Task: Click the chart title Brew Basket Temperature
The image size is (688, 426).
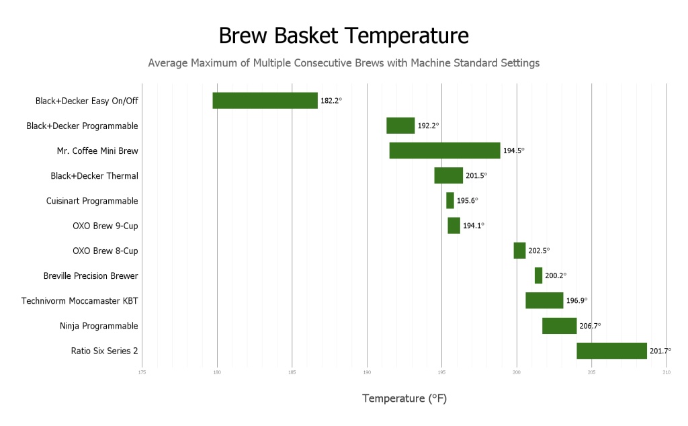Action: [x=343, y=35]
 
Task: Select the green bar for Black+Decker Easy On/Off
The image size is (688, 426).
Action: [x=265, y=100]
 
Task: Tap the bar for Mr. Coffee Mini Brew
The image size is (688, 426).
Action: [x=445, y=151]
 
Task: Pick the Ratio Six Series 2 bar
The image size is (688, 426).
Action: [x=611, y=351]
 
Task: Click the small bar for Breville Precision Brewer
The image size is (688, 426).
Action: [x=538, y=275]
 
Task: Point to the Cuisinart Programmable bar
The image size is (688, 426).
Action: [x=450, y=200]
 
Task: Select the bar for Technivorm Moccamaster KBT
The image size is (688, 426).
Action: [x=544, y=300]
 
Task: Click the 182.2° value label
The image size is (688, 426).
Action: [x=331, y=101]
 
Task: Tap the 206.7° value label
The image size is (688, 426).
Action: [x=590, y=326]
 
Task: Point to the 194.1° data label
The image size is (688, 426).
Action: [x=474, y=226]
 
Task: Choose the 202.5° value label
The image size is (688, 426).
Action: [x=539, y=251]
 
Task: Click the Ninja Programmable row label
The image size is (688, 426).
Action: [x=99, y=326]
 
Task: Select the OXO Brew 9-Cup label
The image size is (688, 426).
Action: [x=105, y=226]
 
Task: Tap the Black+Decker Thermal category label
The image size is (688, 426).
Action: [x=94, y=176]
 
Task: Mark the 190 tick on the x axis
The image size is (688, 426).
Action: [x=367, y=372]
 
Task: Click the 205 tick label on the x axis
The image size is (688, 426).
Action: [x=591, y=372]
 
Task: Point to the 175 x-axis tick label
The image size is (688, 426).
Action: [x=142, y=372]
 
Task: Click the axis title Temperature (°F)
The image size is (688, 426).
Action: [x=404, y=398]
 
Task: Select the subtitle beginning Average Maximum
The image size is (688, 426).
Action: [x=343, y=63]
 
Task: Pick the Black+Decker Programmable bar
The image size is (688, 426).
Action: [x=400, y=126]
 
